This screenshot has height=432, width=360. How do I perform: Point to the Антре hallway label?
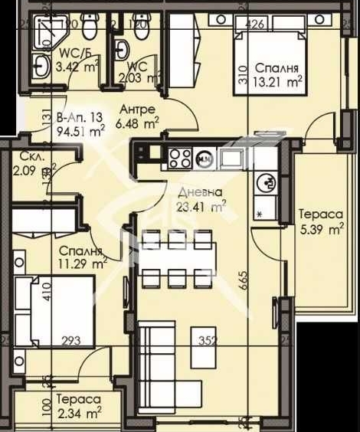[x=139, y=109]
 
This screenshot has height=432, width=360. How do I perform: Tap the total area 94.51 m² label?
[x=81, y=130]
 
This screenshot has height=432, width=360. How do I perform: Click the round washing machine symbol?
[x=269, y=182]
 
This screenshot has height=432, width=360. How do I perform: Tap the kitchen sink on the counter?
[x=231, y=158]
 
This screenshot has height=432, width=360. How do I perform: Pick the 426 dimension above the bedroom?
[x=256, y=25]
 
